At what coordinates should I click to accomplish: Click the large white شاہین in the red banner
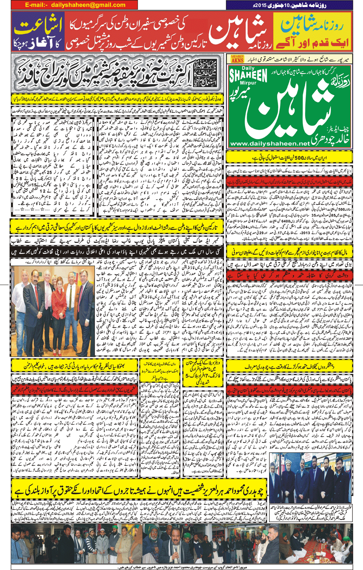[x=237, y=32]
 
